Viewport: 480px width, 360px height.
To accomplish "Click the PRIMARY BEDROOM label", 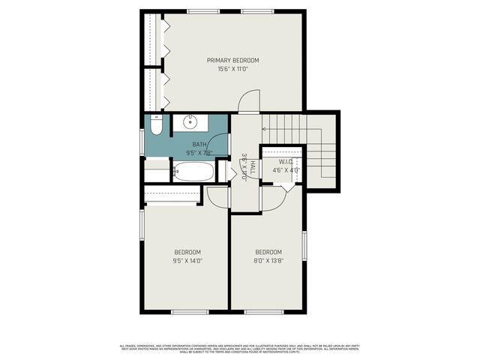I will pos(233,60).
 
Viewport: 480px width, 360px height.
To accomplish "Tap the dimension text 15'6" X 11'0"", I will pos(233,69).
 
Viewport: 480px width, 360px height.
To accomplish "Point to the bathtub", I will pos(193,172).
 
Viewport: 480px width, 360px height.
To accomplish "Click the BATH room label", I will pos(199,144).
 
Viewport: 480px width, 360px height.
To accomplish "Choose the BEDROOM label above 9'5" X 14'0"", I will pos(187,252).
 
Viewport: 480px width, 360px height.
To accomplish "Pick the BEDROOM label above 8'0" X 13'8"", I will pos(268,252).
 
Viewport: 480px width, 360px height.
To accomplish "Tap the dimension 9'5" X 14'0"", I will pos(187,261).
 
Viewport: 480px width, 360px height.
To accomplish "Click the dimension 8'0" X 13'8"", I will pos(268,261).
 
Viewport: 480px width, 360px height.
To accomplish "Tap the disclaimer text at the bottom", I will pos(240,348).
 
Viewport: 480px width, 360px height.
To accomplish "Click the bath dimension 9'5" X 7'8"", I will pos(199,153).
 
